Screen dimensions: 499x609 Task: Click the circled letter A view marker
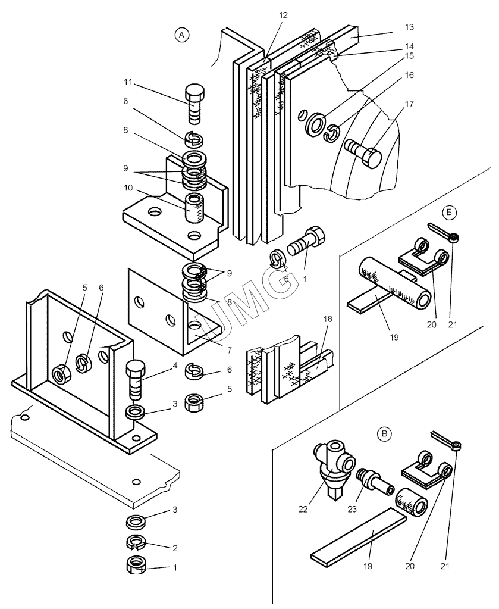[x=181, y=35]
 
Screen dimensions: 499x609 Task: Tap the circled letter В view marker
[x=385, y=433]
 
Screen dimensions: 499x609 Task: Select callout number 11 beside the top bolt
[x=128, y=82]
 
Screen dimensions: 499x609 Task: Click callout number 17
[x=409, y=104]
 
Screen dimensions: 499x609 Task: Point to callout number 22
[x=303, y=509]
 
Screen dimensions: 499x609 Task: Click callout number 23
[x=352, y=509]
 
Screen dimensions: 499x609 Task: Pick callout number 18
[x=328, y=319]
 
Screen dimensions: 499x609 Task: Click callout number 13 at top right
[x=409, y=27]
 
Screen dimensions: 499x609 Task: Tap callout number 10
[x=128, y=188]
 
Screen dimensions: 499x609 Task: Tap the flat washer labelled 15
[x=314, y=124]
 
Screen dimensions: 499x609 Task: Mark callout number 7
[x=230, y=350]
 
